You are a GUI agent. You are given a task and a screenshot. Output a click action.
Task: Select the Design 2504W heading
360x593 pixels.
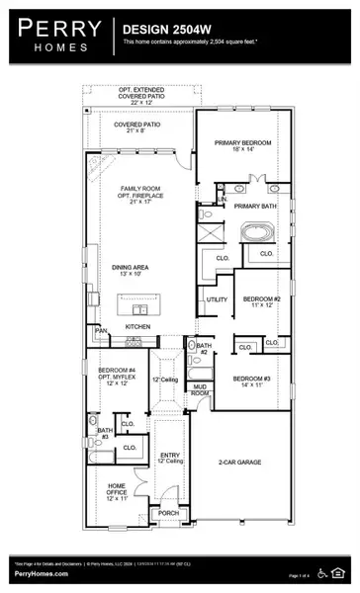[x=164, y=30]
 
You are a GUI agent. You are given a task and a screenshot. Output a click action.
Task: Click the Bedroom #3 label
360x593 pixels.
[x=250, y=383]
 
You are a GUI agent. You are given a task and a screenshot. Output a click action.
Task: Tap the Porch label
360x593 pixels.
[x=168, y=513]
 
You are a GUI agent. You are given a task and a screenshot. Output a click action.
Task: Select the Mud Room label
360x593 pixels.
[x=201, y=390]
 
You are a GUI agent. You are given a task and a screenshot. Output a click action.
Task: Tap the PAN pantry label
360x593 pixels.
[x=100, y=331]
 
